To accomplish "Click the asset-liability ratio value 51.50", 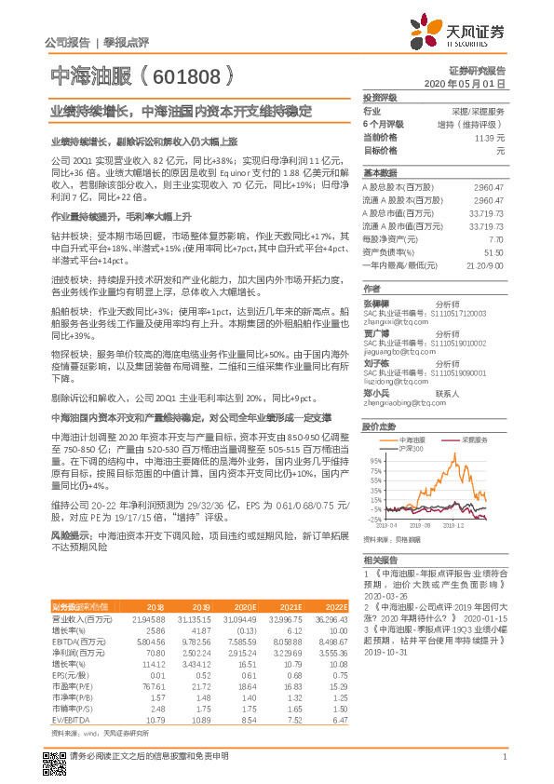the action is (494, 251).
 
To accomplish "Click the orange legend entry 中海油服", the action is (412, 438).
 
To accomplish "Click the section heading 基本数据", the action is (380, 173).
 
